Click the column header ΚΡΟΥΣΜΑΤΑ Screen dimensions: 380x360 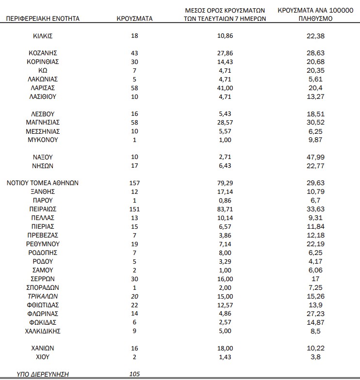[x=134, y=19]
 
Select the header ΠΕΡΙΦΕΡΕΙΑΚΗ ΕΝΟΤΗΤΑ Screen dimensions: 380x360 [x=43, y=19]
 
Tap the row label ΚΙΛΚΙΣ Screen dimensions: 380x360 [x=43, y=36]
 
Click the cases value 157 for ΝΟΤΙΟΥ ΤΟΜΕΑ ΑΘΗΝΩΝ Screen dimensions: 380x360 [x=134, y=183]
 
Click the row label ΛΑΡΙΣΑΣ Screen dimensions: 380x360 [x=43, y=88]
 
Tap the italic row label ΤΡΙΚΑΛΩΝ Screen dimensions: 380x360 [x=43, y=296]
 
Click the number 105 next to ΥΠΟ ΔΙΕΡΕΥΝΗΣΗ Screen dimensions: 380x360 [x=134, y=374]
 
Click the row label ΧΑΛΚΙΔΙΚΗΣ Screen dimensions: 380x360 [x=43, y=331]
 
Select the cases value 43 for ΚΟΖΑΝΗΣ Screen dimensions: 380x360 [x=134, y=53]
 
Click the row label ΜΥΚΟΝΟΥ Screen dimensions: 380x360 [x=43, y=140]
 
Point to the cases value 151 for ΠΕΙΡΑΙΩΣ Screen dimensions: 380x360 [x=134, y=209]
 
